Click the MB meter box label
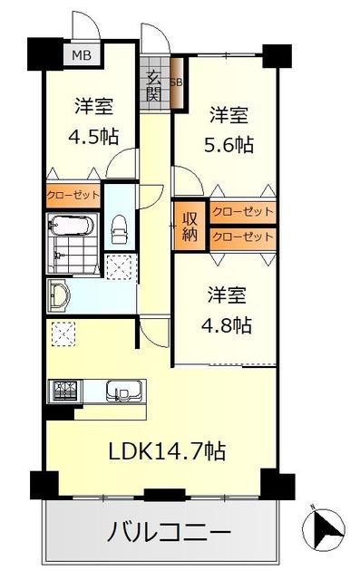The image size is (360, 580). (82, 55)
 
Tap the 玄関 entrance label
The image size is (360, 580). (154, 86)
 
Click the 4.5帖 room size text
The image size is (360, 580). (93, 137)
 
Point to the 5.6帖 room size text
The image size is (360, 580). (229, 145)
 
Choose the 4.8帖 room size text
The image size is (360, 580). (227, 325)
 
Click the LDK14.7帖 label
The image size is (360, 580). (167, 451)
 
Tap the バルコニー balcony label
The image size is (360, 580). (169, 533)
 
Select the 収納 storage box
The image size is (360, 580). (190, 226)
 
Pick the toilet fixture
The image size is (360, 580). (119, 229)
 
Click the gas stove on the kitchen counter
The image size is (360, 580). (65, 390)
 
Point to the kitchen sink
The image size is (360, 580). (124, 391)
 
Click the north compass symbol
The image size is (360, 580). (324, 527)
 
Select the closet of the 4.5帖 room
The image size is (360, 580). (73, 195)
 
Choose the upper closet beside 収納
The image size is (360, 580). (243, 212)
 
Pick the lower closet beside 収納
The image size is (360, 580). (243, 237)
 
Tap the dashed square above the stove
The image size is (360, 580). (63, 334)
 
